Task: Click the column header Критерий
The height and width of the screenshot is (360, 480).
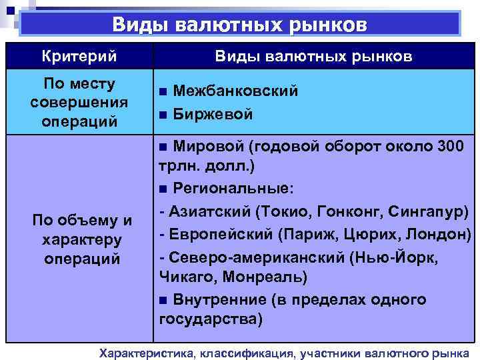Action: [79, 56]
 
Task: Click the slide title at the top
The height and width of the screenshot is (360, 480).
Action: [239, 25]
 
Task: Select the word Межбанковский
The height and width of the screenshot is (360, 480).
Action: [235, 91]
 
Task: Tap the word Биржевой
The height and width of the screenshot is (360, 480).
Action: [213, 114]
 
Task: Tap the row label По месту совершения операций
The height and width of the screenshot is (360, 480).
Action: [79, 103]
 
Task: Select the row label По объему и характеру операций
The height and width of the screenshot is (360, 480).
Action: [79, 239]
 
